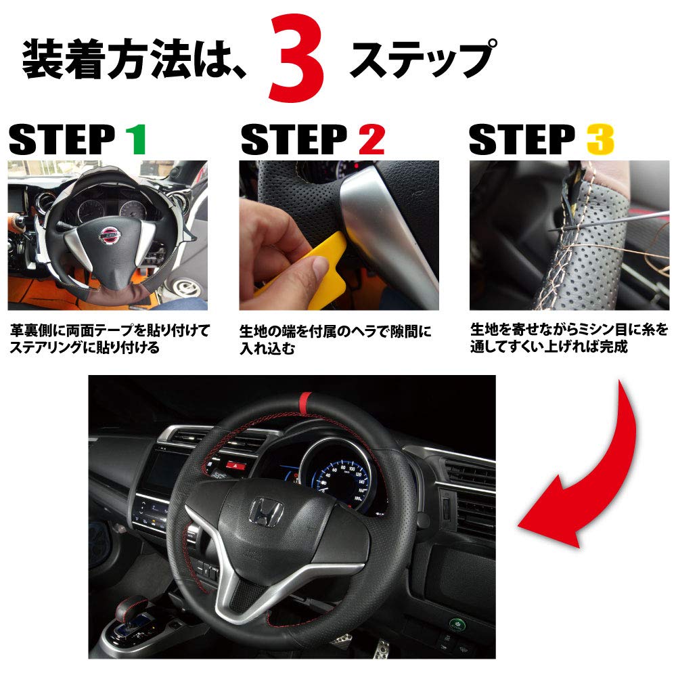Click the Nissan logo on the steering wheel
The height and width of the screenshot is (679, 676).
point(108,234)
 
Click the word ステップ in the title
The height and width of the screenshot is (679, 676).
point(420,60)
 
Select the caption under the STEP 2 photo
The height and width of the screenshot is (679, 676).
point(336,340)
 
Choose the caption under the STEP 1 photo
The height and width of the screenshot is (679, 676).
point(108,339)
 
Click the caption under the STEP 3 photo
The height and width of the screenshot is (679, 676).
point(568,338)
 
